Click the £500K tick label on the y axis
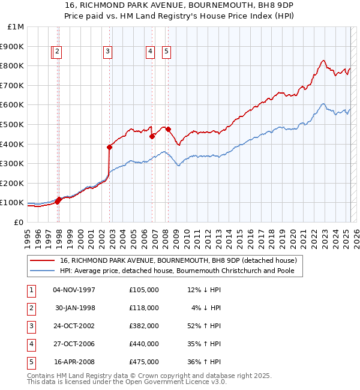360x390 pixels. tap(12, 124)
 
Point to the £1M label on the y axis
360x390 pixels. tap(15, 27)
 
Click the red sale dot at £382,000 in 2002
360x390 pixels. tap(110, 147)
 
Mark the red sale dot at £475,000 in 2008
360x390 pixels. tap(168, 129)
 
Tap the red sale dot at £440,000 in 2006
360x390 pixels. tap(152, 136)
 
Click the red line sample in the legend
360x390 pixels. tap(43, 261)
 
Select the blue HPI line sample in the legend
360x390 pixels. tap(43, 271)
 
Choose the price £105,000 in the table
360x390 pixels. tap(143, 290)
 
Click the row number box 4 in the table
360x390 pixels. tap(30, 344)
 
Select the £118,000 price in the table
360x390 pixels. tap(143, 308)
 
